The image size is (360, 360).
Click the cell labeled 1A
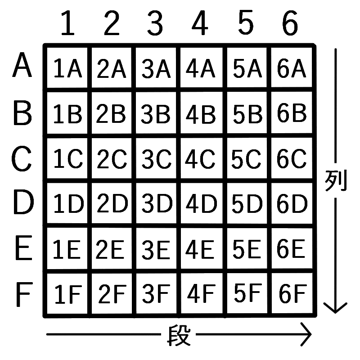(x=67, y=67)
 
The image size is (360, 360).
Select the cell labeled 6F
(x=292, y=293)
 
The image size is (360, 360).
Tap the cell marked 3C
(x=156, y=158)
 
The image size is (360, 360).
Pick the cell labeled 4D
(x=202, y=203)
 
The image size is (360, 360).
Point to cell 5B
(x=247, y=112)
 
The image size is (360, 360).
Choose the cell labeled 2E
(x=112, y=248)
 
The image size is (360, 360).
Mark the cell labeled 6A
(x=292, y=67)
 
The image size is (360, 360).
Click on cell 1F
(x=67, y=293)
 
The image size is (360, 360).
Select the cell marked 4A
(x=201, y=67)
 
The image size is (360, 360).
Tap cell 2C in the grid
(x=112, y=158)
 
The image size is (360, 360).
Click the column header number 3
(x=155, y=23)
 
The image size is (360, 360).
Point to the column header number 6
(x=290, y=23)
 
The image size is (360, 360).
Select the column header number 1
(x=68, y=23)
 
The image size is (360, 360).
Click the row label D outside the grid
(x=23, y=202)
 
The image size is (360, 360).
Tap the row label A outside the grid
(x=22, y=65)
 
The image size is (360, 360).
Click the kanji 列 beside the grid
(x=335, y=180)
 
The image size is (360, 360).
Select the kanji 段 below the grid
(x=179, y=335)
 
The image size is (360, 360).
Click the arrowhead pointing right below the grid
(x=306, y=334)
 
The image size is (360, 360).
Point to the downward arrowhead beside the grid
(x=335, y=308)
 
